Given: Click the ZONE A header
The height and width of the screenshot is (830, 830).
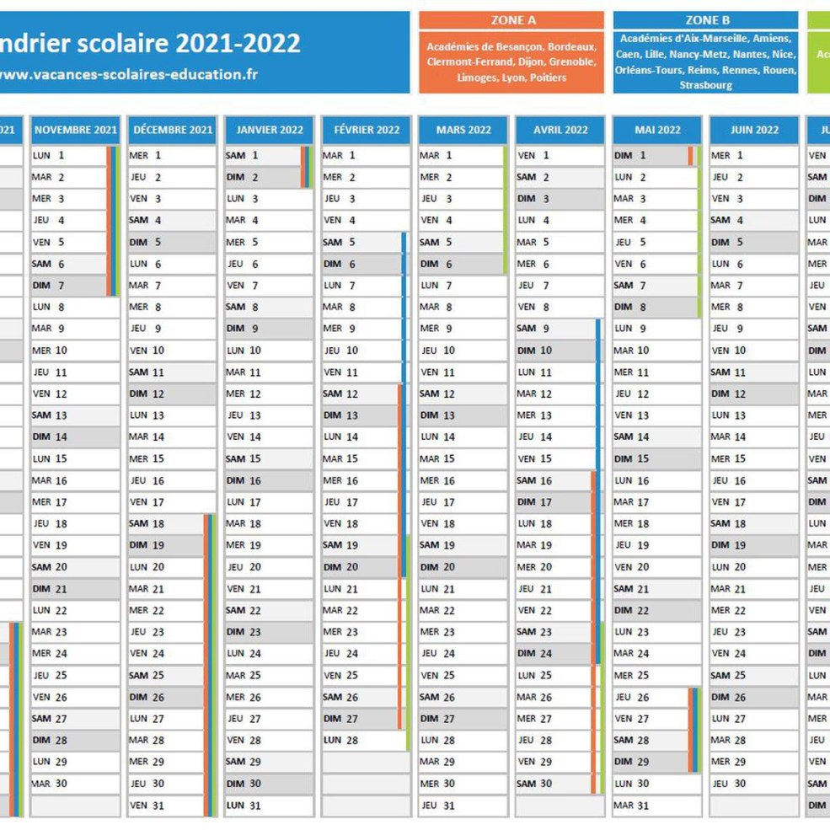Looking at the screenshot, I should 512,20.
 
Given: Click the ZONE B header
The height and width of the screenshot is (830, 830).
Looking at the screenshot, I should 706,20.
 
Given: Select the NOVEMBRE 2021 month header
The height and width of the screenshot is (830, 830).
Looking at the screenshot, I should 75,130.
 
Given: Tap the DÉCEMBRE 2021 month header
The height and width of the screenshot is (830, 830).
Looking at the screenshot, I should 173,130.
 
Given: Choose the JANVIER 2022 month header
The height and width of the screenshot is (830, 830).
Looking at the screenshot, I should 270,130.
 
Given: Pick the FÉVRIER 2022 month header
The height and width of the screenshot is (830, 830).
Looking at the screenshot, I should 367,130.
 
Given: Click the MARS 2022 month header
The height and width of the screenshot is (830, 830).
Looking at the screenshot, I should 463,130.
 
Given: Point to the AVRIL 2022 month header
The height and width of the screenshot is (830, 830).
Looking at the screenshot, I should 560,130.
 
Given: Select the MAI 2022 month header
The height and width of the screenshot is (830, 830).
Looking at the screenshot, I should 657,130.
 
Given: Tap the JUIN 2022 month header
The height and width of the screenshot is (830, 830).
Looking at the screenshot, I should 754,130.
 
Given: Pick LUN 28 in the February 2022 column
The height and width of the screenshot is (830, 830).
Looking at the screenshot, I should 341,740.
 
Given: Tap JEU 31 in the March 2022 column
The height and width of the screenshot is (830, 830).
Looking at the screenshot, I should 438,806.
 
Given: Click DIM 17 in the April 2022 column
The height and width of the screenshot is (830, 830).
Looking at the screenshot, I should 536,501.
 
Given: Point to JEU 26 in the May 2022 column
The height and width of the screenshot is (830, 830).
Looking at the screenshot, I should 633,697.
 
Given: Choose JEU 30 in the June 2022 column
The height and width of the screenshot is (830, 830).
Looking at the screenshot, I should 730,784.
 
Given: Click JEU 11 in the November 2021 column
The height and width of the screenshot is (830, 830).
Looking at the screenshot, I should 51,372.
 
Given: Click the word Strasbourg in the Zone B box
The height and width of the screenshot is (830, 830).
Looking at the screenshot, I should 705,85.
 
